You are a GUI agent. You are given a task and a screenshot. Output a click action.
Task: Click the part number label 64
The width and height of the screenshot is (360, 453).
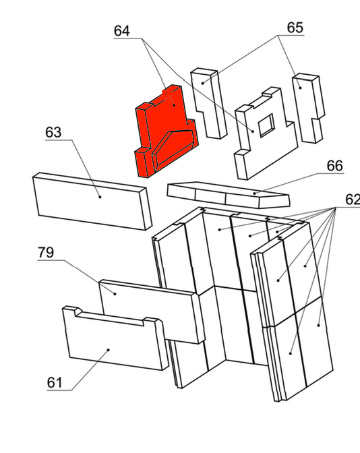tap(121, 30)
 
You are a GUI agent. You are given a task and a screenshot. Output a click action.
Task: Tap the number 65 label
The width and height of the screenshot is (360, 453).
tap(295, 28)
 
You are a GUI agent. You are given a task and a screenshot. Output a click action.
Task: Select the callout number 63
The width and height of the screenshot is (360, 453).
tap(53, 132)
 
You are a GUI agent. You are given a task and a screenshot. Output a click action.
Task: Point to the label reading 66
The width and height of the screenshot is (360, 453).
tap(334, 166)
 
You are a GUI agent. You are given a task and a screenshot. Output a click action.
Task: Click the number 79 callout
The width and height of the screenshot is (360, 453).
tap(46, 253)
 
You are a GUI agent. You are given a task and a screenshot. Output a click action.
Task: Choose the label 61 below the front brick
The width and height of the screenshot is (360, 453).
tap(55, 383)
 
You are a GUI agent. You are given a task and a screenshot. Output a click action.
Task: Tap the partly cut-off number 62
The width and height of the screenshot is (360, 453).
tap(353, 200)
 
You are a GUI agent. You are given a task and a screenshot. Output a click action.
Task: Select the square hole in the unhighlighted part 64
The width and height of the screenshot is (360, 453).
tap(266, 125)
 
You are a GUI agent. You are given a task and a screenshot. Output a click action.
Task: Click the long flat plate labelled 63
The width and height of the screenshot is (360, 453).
tap(92, 202)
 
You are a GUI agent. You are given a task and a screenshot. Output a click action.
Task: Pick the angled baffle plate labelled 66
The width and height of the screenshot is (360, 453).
tap(229, 194)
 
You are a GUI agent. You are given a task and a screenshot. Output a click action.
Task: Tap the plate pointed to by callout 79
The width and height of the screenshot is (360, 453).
tap(152, 311)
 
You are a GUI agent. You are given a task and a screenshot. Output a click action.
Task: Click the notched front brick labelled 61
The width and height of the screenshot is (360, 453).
tap(115, 338)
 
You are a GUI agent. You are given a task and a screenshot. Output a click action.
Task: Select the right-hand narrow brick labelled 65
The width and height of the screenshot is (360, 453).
tap(308, 108)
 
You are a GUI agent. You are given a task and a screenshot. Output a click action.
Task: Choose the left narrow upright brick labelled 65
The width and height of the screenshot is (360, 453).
tap(208, 103)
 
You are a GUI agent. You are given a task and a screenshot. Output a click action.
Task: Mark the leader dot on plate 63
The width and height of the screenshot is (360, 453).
tap(100, 197)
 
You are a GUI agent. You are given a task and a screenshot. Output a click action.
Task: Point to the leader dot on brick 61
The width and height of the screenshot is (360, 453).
tap(109, 350)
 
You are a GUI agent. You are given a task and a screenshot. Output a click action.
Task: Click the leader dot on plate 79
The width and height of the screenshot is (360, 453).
tap(115, 294)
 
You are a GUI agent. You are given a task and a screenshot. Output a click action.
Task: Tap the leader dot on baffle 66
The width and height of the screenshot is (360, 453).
tap(255, 193)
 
